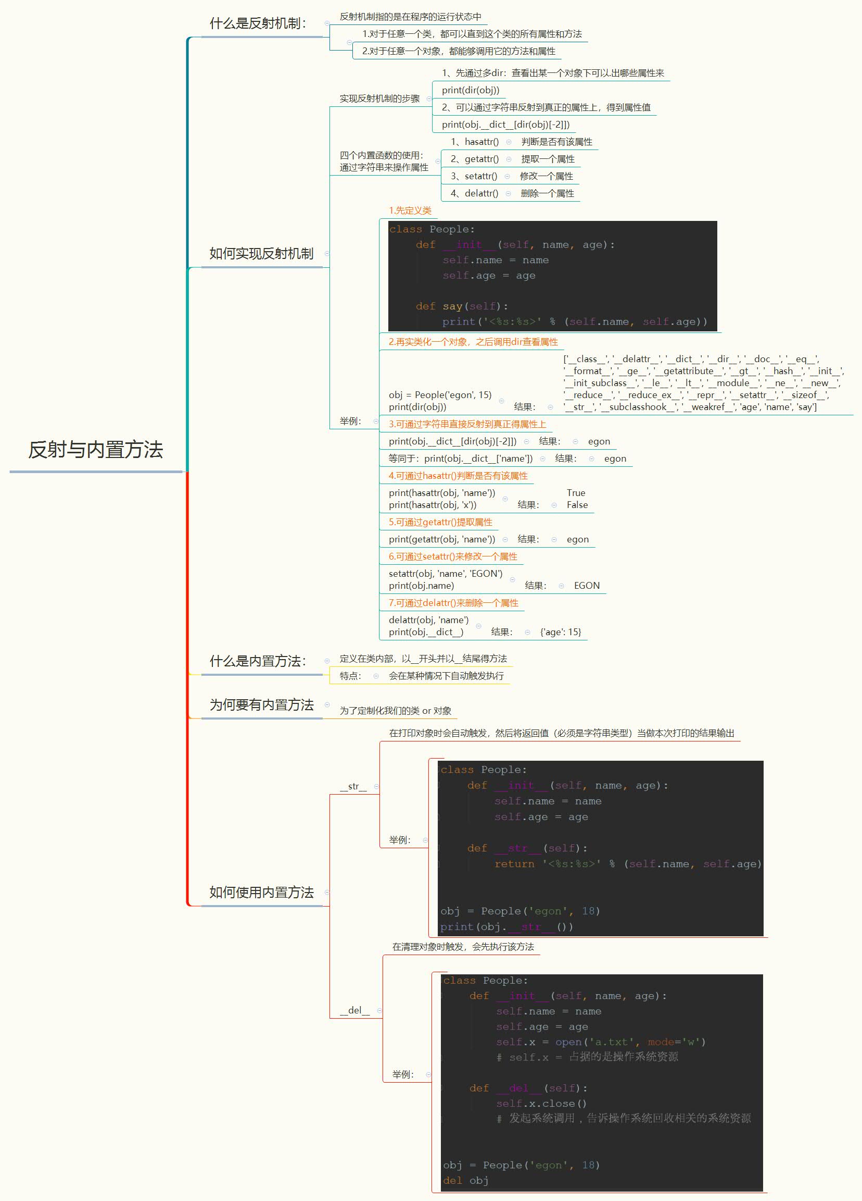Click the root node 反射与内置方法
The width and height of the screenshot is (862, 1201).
[x=96, y=450]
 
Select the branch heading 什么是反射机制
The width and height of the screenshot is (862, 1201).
[x=258, y=23]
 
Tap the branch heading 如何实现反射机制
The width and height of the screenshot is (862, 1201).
[x=261, y=254]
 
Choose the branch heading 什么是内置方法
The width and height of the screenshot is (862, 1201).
[x=258, y=661]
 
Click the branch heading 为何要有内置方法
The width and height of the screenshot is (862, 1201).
[x=261, y=705]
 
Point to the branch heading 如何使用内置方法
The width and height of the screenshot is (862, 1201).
[x=261, y=892]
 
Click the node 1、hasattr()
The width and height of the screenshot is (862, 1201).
[x=474, y=142]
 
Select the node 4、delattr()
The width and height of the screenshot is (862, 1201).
[x=474, y=193]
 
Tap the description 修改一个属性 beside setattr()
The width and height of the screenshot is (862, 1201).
[x=546, y=176]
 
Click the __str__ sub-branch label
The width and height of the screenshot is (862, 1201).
[x=353, y=786]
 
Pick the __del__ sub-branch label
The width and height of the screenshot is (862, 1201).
[x=354, y=1010]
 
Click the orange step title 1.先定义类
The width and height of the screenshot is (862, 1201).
[x=410, y=211]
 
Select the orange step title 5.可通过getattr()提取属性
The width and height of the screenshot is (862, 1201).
[x=440, y=522]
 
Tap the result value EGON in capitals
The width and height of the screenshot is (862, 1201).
[x=587, y=586]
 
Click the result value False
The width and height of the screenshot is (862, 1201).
[x=577, y=505]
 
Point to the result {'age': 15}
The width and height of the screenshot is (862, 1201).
[x=561, y=632]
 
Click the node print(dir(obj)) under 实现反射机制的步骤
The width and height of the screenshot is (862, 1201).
[x=471, y=91]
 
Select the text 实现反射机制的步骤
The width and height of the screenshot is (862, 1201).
[x=379, y=99]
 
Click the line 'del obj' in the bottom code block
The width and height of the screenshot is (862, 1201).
[x=466, y=1180]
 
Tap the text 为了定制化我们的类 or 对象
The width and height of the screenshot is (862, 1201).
[x=395, y=711]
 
